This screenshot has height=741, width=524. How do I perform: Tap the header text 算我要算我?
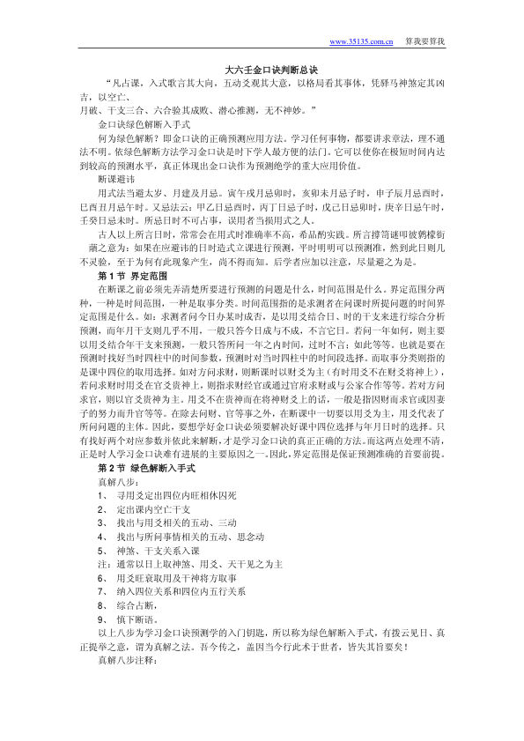point(425,41)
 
